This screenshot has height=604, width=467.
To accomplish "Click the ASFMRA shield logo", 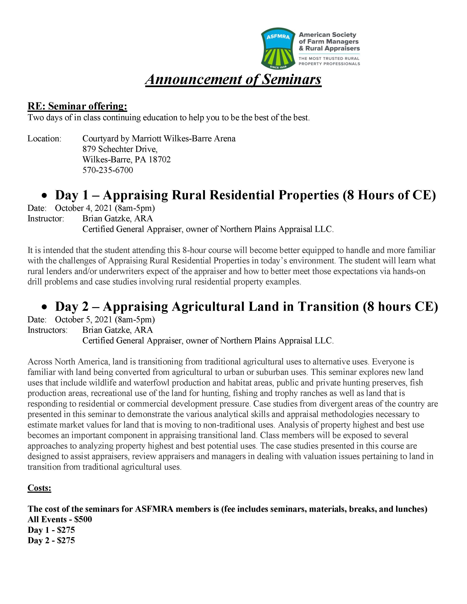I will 278,48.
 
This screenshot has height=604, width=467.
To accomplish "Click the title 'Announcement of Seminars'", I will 233,79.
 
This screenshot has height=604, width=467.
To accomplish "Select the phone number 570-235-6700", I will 108,170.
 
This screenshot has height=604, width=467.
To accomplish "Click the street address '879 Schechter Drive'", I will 120,149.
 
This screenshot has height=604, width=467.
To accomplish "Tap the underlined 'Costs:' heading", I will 39,488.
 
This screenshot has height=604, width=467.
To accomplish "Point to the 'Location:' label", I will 44,139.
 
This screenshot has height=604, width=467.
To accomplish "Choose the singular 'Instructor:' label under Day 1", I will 46,219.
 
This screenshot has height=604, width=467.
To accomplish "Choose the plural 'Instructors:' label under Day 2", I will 47,330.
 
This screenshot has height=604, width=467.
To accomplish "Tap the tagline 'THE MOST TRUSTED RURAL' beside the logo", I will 329,58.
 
